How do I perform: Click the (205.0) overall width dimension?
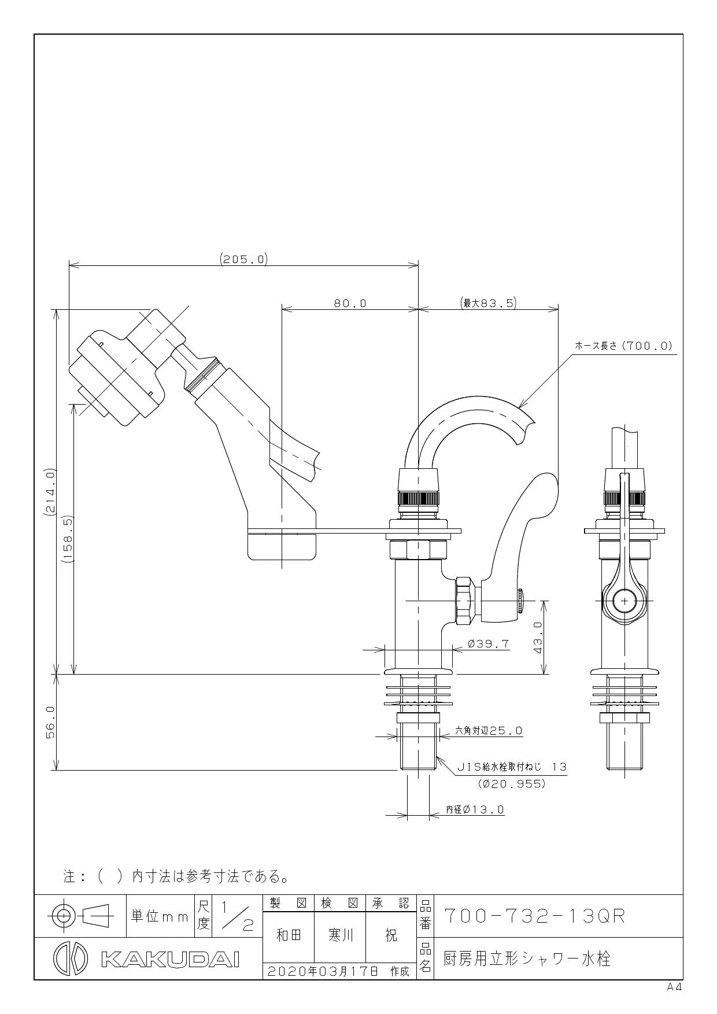coord(243,259)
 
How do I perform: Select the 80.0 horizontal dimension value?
coord(350,303)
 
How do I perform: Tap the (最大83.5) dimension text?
coord(488,302)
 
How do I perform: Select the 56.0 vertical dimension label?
coord(50,722)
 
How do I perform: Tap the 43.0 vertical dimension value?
coord(537,638)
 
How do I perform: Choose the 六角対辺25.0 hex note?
coord(489,731)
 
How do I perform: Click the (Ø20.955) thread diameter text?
coord(512,784)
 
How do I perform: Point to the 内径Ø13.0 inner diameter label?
coord(475,810)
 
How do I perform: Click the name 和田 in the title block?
coord(289,936)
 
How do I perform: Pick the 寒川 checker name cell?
coord(341,936)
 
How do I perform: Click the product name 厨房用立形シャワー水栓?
coord(527,959)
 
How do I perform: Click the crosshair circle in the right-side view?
coord(624,601)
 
